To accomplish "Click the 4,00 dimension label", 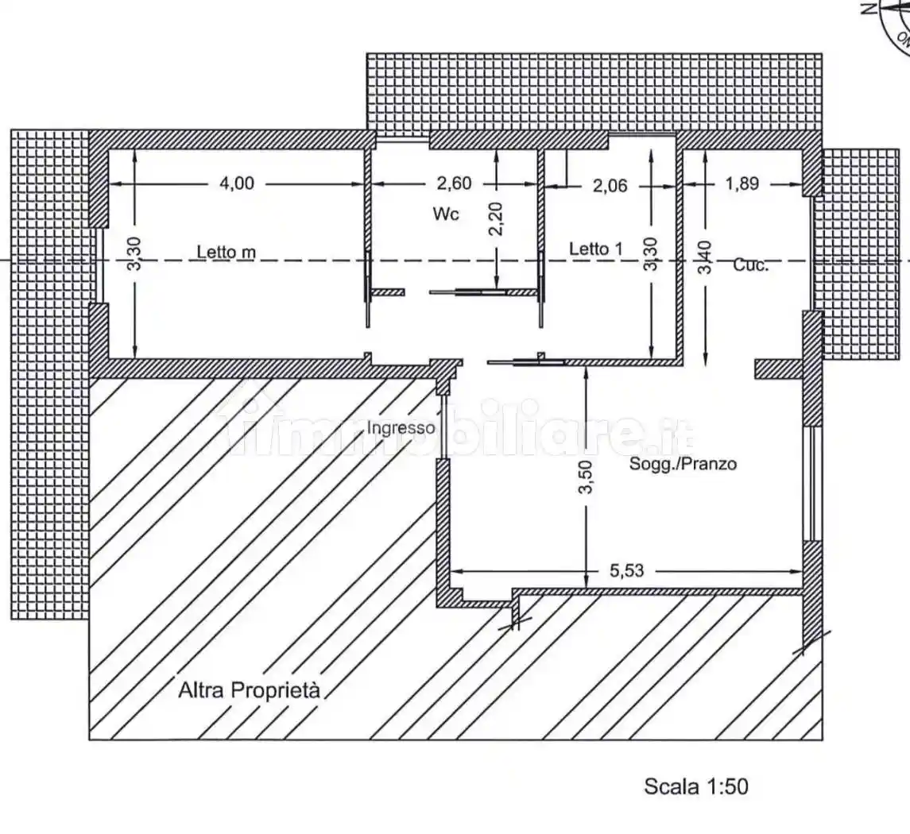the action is [x=237, y=183].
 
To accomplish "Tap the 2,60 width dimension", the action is [x=454, y=183].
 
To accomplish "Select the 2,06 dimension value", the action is [x=610, y=186].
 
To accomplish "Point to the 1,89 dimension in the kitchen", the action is [x=742, y=183].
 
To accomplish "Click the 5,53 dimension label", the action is [x=627, y=570].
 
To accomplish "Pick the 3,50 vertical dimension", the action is [x=587, y=477].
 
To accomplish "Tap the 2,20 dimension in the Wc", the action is [x=496, y=218].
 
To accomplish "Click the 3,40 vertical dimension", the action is [x=705, y=257].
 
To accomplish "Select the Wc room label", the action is [x=446, y=214].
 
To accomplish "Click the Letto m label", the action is [x=227, y=252].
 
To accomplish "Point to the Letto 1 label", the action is [x=595, y=249].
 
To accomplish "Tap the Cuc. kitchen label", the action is [x=750, y=265].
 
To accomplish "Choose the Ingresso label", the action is [x=401, y=428].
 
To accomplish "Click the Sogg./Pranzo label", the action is [x=683, y=464].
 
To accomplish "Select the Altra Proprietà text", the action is [x=249, y=690].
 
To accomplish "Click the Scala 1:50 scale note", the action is [x=696, y=786].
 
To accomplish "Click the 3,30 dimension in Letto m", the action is [x=134, y=254].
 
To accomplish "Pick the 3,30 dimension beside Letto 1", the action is [x=651, y=254].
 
